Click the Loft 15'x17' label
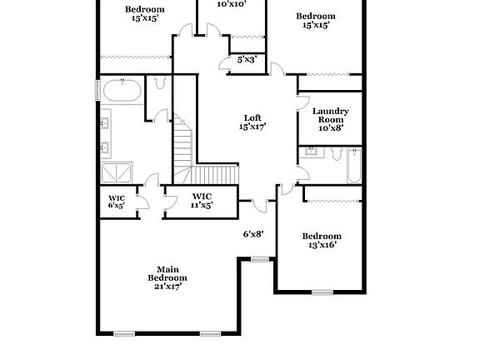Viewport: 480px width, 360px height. (x=252, y=122)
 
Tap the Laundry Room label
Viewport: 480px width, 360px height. (x=330, y=119)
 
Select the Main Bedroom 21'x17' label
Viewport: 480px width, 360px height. (x=167, y=277)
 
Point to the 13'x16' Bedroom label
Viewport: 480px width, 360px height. (x=322, y=241)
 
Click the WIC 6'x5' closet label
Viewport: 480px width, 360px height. (x=116, y=202)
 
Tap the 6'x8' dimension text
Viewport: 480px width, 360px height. (x=253, y=234)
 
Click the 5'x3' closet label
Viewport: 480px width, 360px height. (x=247, y=60)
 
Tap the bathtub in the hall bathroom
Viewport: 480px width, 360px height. (x=354, y=165)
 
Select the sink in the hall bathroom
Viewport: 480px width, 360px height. (x=312, y=152)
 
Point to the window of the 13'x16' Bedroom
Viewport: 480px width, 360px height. (x=322, y=292)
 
